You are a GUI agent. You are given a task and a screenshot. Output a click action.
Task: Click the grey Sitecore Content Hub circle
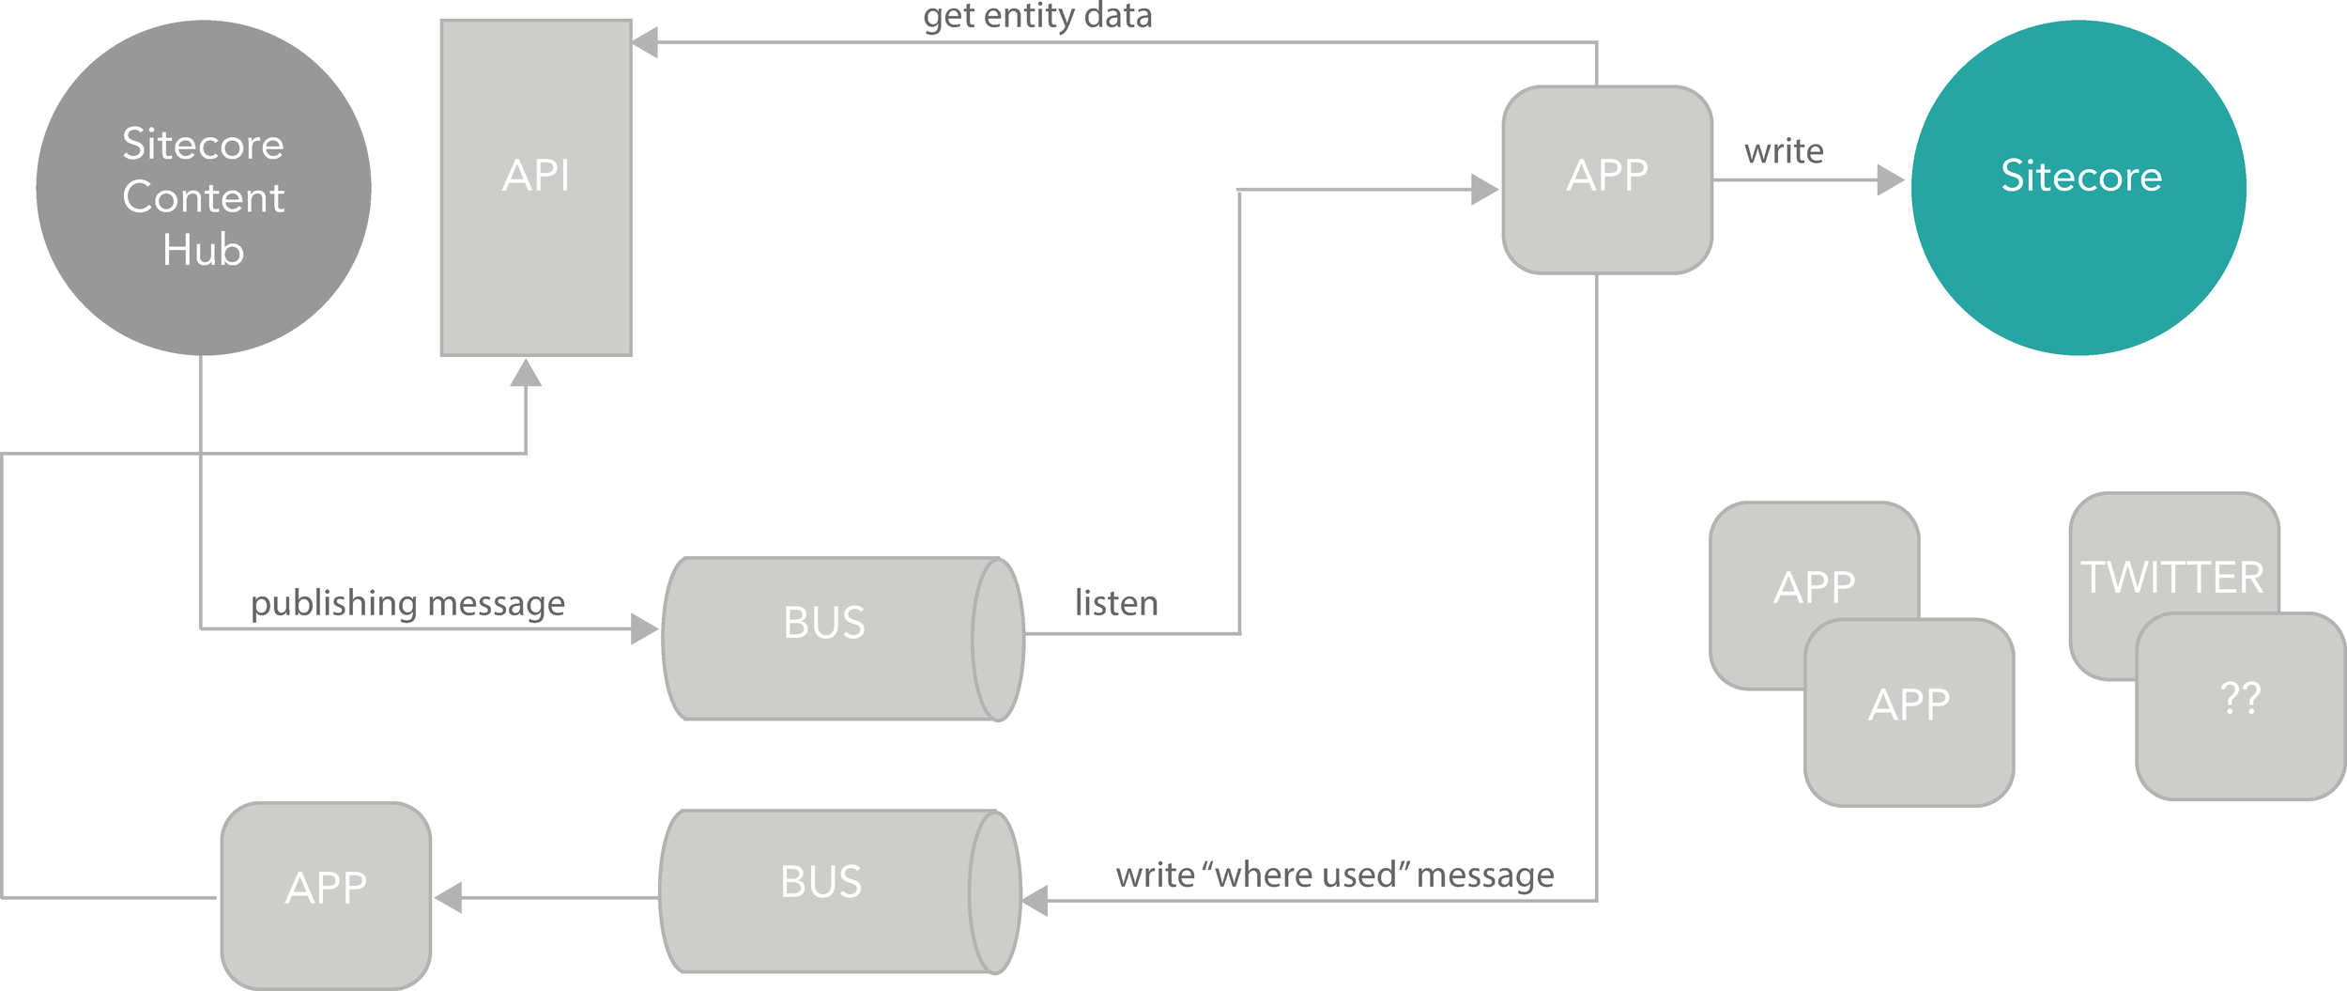click(x=204, y=188)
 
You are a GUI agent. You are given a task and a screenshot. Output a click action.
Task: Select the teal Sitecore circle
click(x=2079, y=188)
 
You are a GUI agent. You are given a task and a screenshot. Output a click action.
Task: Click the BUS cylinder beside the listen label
click(x=826, y=639)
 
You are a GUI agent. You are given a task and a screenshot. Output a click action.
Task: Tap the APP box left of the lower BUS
click(x=326, y=895)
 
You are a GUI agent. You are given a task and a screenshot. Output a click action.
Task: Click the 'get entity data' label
click(x=1037, y=16)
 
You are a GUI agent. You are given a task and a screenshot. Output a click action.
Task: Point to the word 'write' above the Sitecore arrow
click(x=1784, y=151)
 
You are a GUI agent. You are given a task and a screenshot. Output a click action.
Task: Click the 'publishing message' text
click(x=407, y=603)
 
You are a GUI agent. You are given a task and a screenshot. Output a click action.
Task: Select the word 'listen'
click(x=1116, y=603)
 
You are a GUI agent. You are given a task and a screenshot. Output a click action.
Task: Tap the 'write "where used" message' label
click(x=1334, y=875)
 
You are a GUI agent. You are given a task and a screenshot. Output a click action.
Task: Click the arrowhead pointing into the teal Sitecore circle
click(x=1890, y=179)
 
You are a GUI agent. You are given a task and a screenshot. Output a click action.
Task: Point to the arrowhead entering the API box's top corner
click(x=645, y=42)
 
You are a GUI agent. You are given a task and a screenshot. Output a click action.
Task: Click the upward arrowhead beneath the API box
click(x=526, y=374)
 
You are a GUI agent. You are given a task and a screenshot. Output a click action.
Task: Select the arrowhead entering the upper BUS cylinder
click(x=644, y=628)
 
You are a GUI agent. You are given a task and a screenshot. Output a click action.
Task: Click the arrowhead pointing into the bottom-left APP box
click(x=449, y=897)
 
